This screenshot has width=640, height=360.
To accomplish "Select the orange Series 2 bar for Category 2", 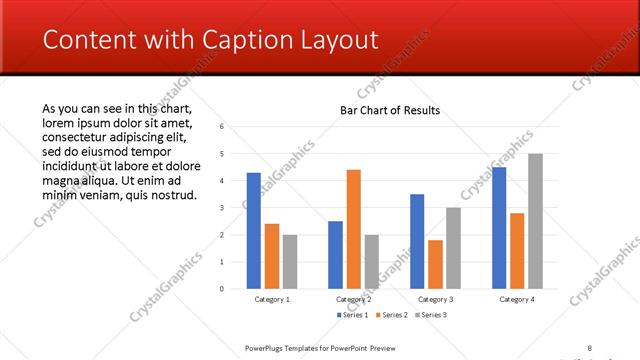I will point(353,229).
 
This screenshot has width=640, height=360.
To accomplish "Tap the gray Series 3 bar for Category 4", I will point(535,221).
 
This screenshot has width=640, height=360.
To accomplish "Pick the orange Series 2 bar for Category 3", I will point(435,264).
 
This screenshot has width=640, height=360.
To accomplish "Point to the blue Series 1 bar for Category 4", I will point(499,228).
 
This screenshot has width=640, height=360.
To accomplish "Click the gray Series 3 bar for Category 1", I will point(290,261).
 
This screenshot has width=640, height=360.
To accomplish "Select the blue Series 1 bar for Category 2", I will point(335,254).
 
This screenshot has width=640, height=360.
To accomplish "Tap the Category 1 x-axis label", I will point(271,299).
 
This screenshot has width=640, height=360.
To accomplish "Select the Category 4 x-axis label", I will point(516,299).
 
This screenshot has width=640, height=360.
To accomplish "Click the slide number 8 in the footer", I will point(589,347).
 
